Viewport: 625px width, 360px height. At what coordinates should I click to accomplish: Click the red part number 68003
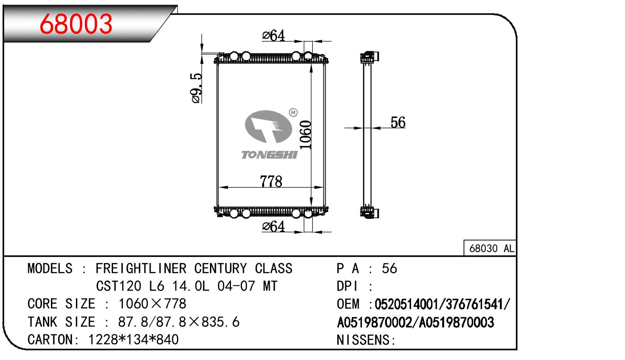[x=76, y=24]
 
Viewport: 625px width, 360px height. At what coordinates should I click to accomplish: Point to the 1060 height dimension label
[x=306, y=135]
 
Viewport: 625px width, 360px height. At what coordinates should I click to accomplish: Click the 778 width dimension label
[x=271, y=181]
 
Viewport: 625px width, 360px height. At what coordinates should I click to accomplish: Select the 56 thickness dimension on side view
[x=398, y=122]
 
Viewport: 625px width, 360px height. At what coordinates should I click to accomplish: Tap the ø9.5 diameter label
[x=196, y=88]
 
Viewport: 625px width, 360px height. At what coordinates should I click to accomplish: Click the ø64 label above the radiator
[x=273, y=36]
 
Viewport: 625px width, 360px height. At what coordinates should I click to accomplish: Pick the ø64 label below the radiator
[x=273, y=226]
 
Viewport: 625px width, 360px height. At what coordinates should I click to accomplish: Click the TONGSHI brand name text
[x=269, y=155]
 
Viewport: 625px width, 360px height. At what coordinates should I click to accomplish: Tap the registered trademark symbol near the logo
[x=293, y=113]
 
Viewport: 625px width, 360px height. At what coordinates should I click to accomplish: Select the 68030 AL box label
[x=491, y=248]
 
